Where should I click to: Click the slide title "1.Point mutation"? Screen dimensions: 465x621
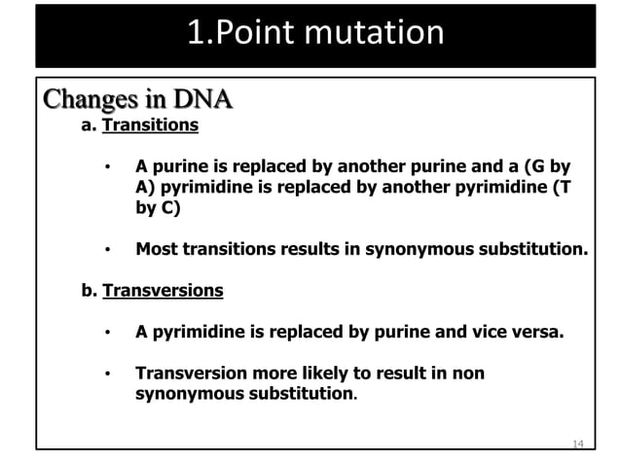click(x=314, y=34)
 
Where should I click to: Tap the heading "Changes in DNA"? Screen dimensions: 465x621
click(x=137, y=101)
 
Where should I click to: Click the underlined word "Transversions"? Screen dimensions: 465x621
click(x=163, y=291)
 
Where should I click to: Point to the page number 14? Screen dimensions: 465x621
click(x=577, y=444)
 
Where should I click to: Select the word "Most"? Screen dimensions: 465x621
click(x=156, y=249)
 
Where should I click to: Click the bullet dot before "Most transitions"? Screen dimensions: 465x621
click(x=110, y=250)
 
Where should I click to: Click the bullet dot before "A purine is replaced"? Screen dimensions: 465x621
click(x=110, y=166)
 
